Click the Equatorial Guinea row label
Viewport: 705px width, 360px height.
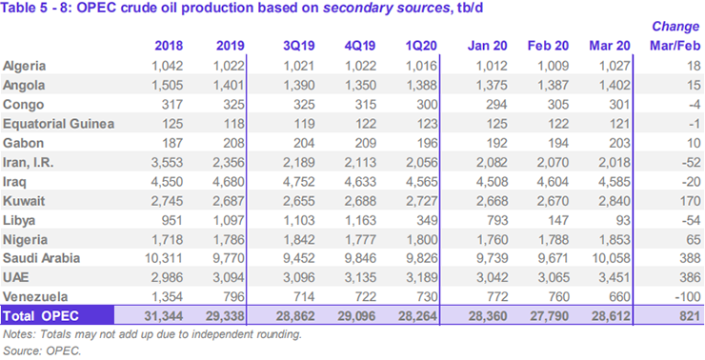tap(59, 123)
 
